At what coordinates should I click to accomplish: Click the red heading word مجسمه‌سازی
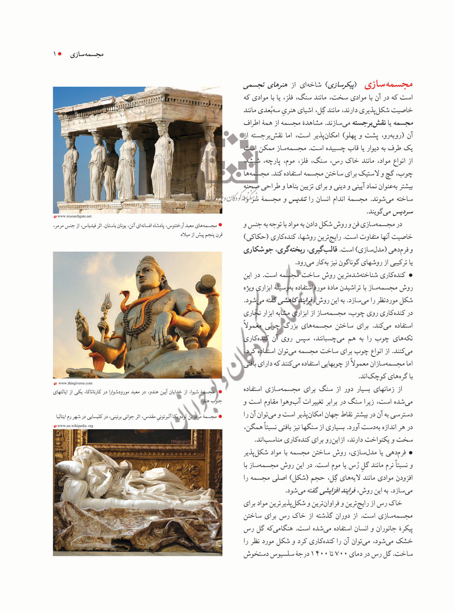click(x=388, y=85)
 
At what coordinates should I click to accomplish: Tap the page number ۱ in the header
click(x=54, y=54)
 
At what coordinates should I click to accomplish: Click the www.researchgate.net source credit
click(x=74, y=216)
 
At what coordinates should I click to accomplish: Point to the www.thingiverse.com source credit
click(x=75, y=383)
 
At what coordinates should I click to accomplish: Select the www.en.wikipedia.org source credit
click(x=75, y=426)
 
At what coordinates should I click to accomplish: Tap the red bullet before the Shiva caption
click(x=220, y=392)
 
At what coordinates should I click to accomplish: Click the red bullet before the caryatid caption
click(x=220, y=226)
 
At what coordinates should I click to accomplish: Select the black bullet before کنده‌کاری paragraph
click(x=410, y=275)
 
